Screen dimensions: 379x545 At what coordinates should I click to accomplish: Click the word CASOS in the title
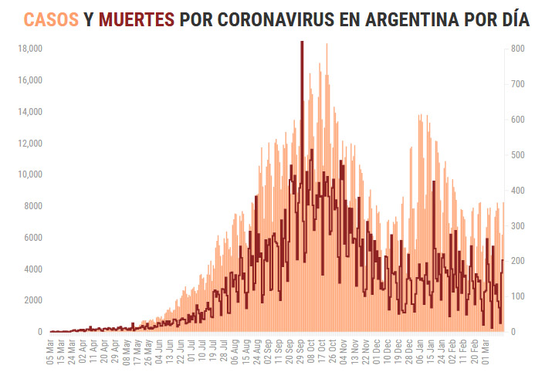pyautogui.click(x=51, y=19)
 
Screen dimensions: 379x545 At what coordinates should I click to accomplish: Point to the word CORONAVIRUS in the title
pyautogui.click(x=270, y=19)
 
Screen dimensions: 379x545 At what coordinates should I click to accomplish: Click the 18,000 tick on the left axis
pyautogui.click(x=29, y=49)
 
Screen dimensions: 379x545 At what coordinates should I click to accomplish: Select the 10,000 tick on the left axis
pyautogui.click(x=29, y=174)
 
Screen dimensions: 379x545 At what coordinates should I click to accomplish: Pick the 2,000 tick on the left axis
pyautogui.click(x=32, y=300)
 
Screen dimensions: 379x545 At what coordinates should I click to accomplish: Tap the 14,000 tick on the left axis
pyautogui.click(x=29, y=112)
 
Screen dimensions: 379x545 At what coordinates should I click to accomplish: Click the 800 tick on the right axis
pyautogui.click(x=518, y=49)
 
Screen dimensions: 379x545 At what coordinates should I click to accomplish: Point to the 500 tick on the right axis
pyautogui.click(x=518, y=155)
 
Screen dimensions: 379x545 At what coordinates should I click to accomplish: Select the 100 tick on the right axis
pyautogui.click(x=518, y=296)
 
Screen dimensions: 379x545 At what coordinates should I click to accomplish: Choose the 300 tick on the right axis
pyautogui.click(x=518, y=226)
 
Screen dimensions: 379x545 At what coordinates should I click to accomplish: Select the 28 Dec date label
pyautogui.click(x=408, y=354)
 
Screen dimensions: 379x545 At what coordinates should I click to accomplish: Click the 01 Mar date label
pyautogui.click(x=485, y=354)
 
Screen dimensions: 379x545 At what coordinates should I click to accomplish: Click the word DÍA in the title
pyautogui.click(x=514, y=19)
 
